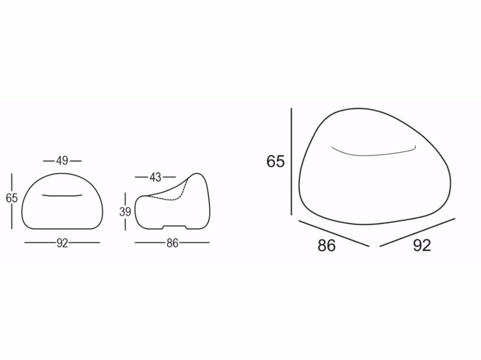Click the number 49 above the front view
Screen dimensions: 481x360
coord(62,161)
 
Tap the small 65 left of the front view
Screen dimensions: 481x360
coord(12,198)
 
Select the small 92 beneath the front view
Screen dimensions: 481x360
coord(63,243)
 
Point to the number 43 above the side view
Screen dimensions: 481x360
coord(156,177)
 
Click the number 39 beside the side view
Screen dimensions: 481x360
coord(125,212)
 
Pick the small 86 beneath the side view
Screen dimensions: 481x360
coord(172,243)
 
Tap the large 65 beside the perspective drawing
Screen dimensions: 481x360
coord(276,161)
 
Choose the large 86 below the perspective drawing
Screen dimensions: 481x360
coord(327,246)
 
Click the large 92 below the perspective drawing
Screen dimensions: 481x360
coord(422,246)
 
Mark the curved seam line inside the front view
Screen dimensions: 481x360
coord(62,196)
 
